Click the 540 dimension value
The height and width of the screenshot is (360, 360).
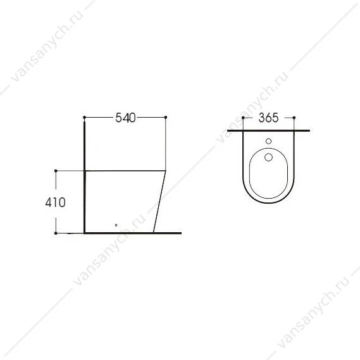pyautogui.click(x=125, y=118)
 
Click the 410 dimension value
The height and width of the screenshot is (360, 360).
pyautogui.click(x=55, y=202)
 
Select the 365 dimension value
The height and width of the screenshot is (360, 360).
pyautogui.click(x=268, y=118)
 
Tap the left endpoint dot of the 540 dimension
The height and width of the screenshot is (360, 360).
pyautogui.click(x=84, y=117)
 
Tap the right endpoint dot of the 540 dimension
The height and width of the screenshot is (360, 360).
pyautogui.click(x=166, y=117)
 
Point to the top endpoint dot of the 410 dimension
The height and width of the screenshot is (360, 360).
pyautogui.click(x=56, y=171)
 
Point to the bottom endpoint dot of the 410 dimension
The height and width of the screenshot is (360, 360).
pyautogui.click(x=56, y=233)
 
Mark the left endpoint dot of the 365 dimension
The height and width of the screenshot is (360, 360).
pyautogui.click(x=243, y=118)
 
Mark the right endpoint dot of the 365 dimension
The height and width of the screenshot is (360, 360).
pyautogui.click(x=294, y=118)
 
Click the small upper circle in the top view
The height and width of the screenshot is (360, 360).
pyautogui.click(x=268, y=141)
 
